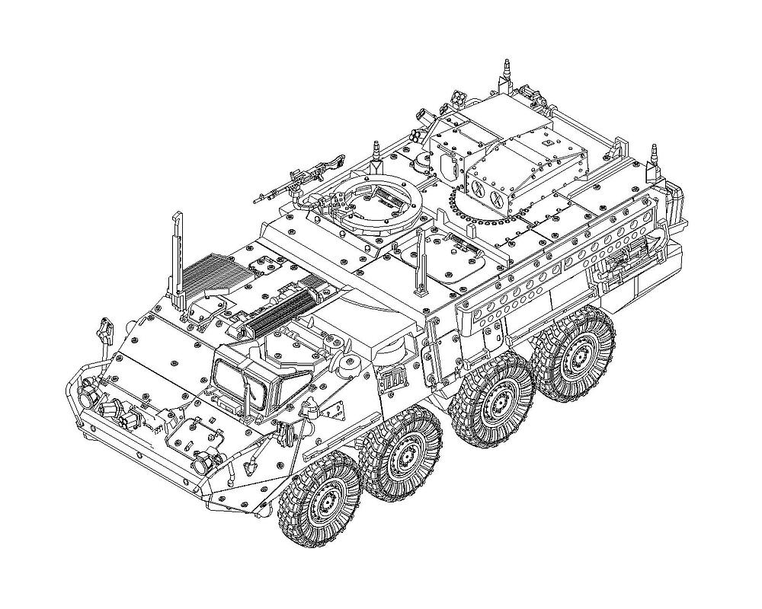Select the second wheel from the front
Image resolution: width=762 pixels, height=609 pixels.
click(x=399, y=454)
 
